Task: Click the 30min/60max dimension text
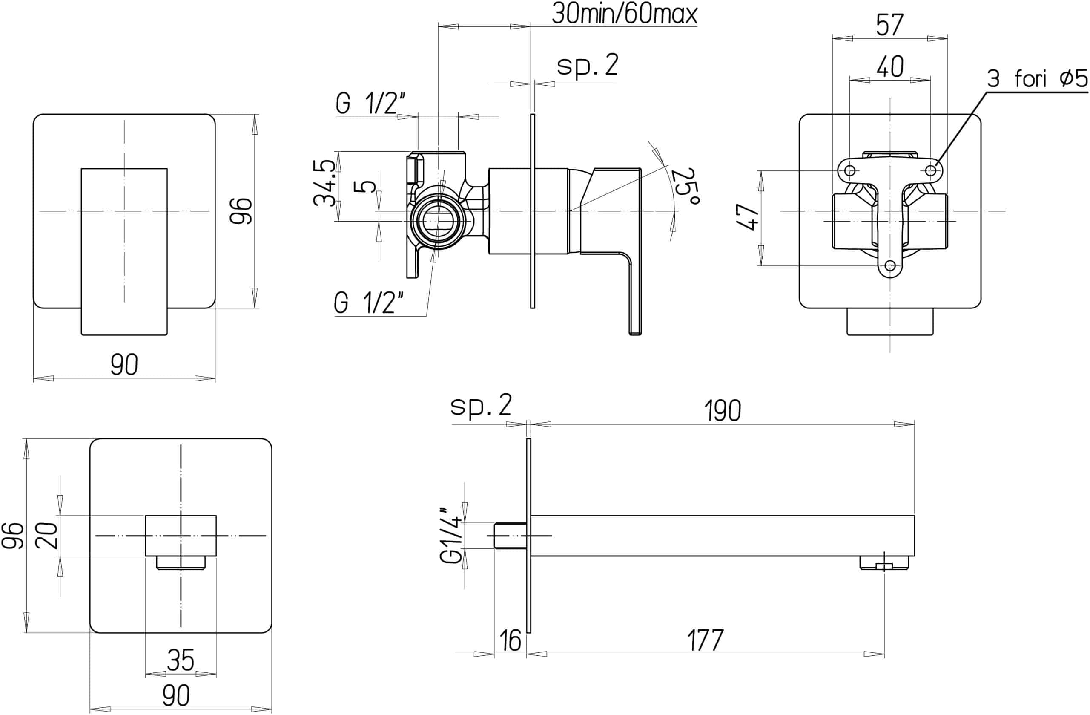(x=624, y=14)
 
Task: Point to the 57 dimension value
(x=889, y=25)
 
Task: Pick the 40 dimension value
(x=890, y=67)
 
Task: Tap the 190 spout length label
(x=722, y=410)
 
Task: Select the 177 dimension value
(x=705, y=640)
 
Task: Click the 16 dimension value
(x=510, y=640)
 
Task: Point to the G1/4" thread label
(x=450, y=535)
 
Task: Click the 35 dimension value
(x=181, y=660)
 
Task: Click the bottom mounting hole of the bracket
(x=890, y=265)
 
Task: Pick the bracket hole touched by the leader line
(x=931, y=170)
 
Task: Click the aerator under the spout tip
(x=883, y=563)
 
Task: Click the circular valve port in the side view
(x=438, y=221)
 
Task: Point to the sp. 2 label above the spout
(x=480, y=406)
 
